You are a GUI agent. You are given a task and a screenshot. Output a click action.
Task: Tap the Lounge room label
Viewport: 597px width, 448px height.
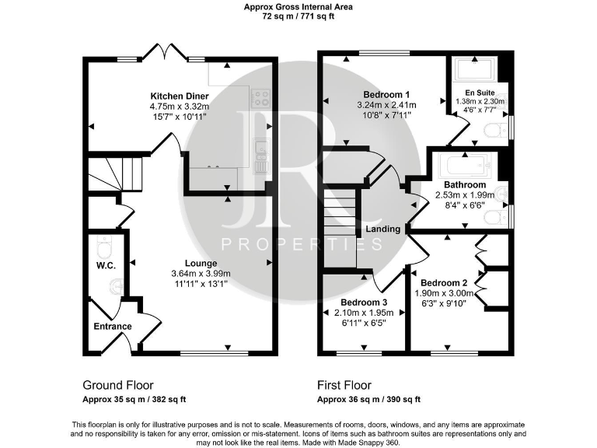pos(201,263)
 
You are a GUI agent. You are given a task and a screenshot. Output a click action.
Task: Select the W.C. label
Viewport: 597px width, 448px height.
pos(106,266)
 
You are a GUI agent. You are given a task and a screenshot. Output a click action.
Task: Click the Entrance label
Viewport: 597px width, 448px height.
pos(113,326)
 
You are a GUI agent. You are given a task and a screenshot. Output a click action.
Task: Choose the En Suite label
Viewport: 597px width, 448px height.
pos(479,91)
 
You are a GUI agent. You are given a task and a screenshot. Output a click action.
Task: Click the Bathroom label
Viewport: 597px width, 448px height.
pos(465,184)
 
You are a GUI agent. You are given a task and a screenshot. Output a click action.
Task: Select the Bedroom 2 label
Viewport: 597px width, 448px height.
pos(443,282)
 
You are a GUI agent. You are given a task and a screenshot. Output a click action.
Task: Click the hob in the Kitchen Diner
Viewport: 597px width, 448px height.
pos(261,97)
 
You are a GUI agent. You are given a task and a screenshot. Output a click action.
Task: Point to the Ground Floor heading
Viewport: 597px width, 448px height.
pos(118,385)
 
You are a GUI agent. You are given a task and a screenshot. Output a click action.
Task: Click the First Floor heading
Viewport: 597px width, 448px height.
pos(344,385)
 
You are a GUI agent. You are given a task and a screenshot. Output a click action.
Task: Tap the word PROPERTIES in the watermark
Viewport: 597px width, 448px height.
pos(302,244)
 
